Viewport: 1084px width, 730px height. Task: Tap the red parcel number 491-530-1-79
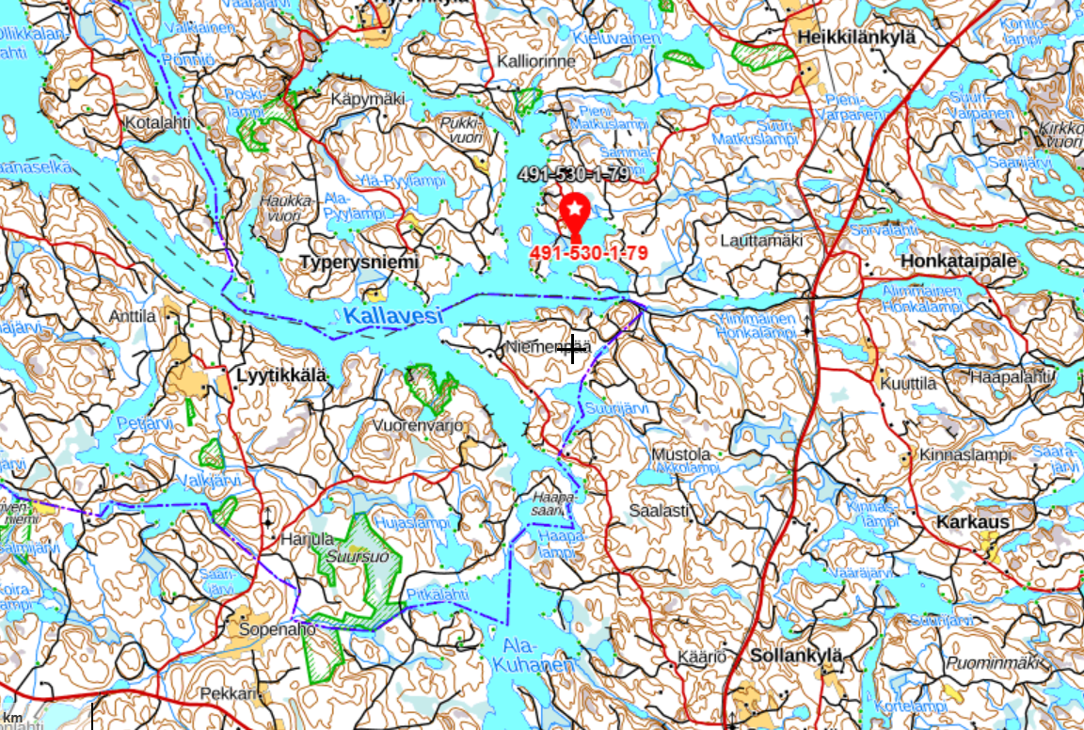(x=588, y=254)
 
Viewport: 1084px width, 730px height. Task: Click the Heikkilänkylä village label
(x=855, y=37)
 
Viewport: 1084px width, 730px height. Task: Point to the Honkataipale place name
(x=959, y=262)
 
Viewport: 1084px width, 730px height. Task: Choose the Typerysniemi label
(x=359, y=262)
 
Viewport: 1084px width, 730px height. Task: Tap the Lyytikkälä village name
(x=281, y=375)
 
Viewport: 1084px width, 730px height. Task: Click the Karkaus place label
(x=973, y=522)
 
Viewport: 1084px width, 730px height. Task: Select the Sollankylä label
(x=795, y=656)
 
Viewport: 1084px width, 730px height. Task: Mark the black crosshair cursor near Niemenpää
(x=572, y=348)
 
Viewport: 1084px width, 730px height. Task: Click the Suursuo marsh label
(x=345, y=556)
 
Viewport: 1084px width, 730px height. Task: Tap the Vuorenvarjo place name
(x=420, y=425)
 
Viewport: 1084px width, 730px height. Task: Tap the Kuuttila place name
(x=908, y=384)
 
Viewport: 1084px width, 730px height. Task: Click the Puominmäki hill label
(x=996, y=663)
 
